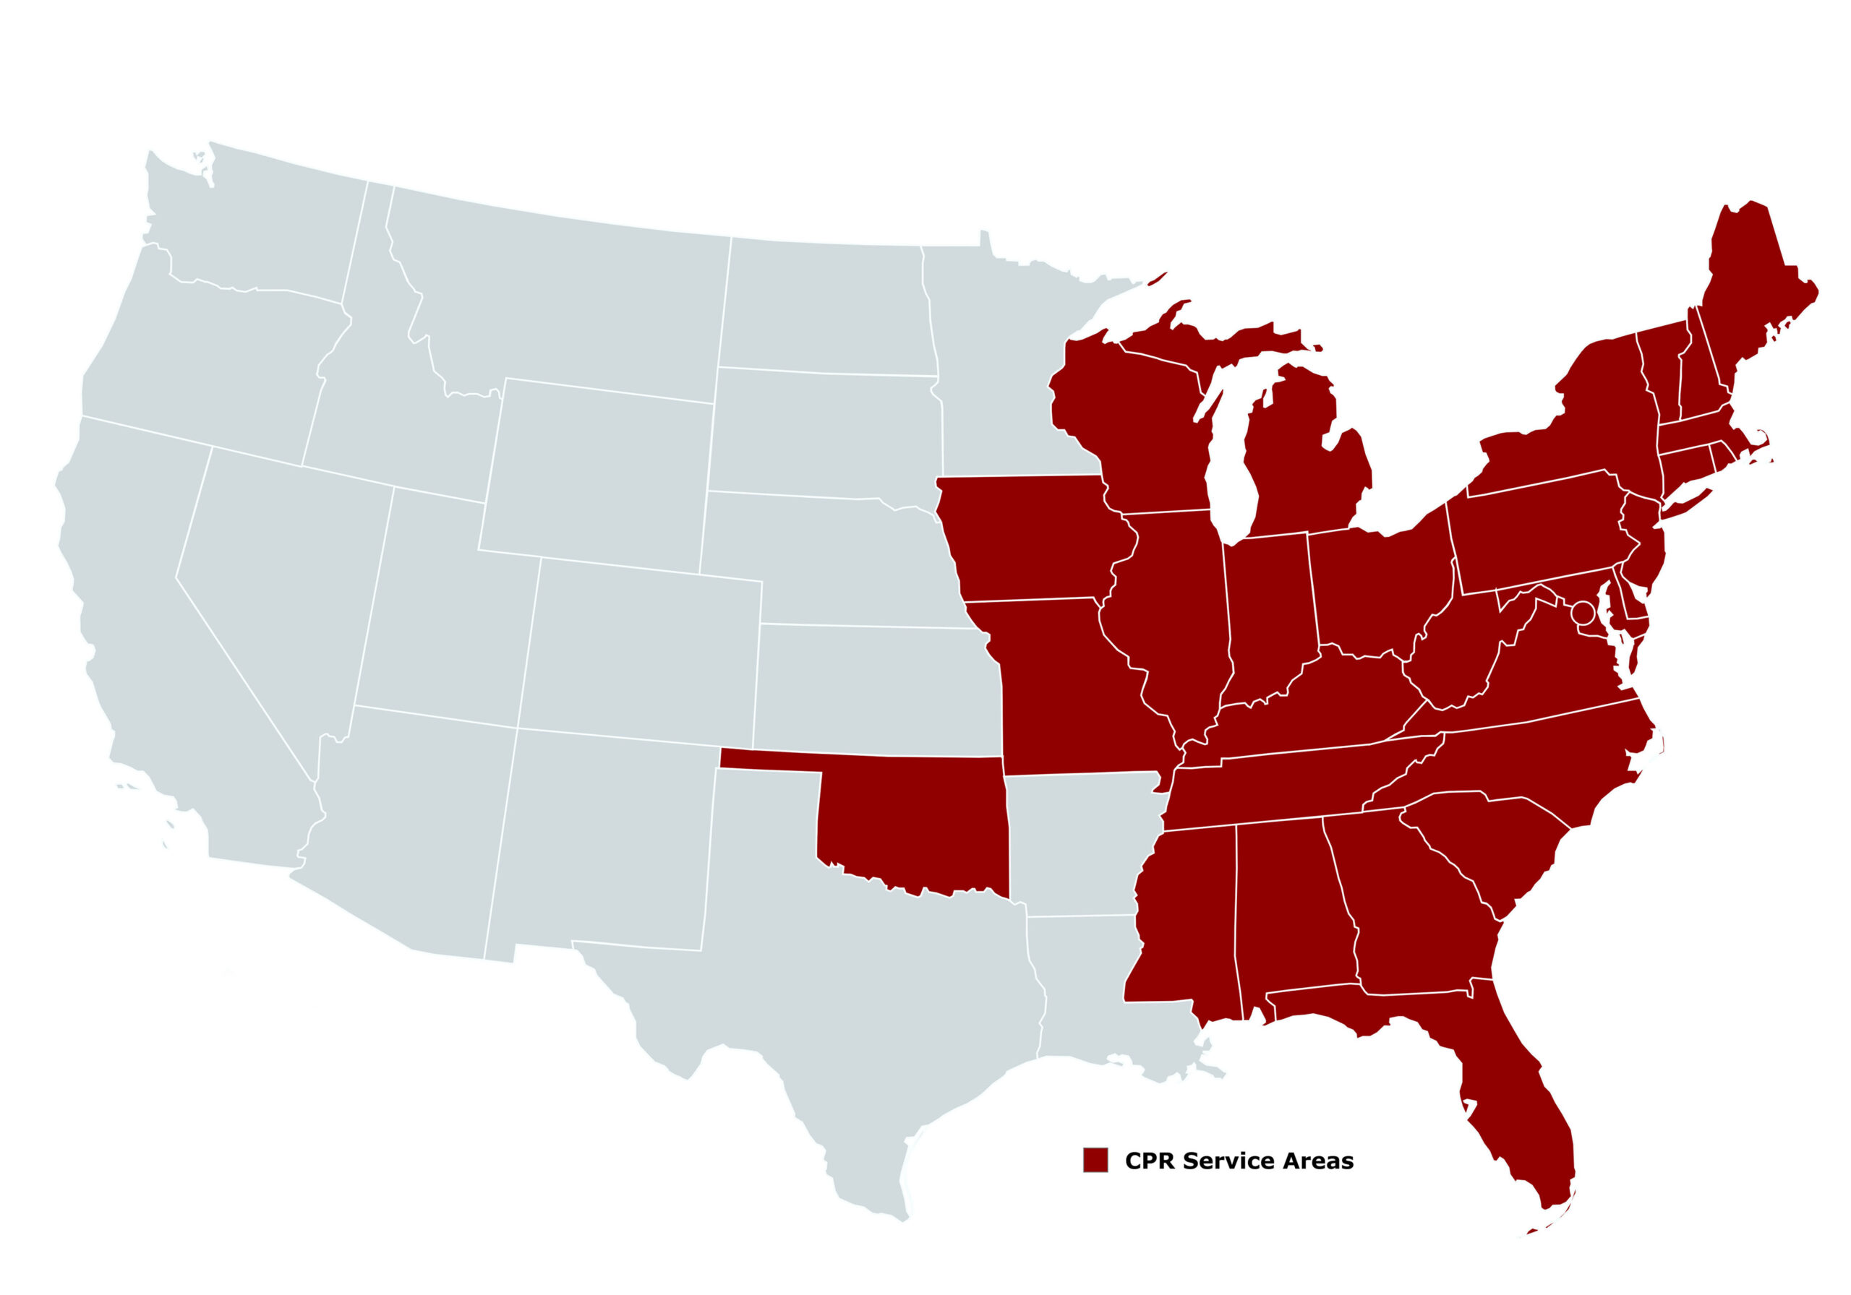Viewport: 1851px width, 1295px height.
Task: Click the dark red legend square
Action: [x=1095, y=1160]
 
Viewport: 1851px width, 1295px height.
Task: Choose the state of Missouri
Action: [x=1064, y=685]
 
